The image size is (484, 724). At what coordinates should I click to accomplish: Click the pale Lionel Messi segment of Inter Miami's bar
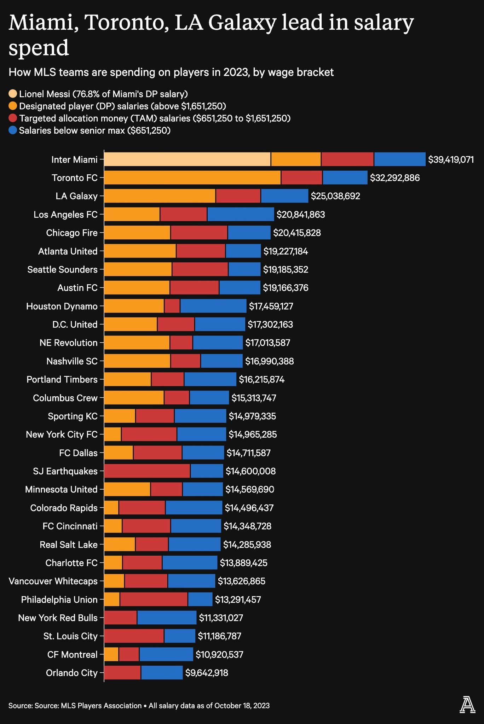pos(188,159)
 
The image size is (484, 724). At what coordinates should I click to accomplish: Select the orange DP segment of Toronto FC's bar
pos(192,177)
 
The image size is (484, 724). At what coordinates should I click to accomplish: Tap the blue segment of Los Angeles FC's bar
pos(241,214)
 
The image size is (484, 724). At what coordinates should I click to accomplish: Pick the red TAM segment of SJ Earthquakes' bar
pos(147,471)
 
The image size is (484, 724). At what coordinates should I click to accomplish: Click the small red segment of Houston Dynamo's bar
pos(172,306)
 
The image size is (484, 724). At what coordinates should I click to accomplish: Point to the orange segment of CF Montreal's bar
pos(111,654)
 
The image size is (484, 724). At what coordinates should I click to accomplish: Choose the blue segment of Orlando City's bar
pos(162,673)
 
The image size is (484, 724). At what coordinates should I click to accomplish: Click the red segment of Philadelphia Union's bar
pos(154,600)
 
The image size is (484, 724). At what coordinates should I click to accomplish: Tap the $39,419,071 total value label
pos(451,159)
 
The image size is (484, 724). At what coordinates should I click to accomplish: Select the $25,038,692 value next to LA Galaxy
pos(335,196)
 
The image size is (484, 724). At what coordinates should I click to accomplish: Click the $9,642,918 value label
pos(207,673)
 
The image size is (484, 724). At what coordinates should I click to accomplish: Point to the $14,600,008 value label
pos(250,471)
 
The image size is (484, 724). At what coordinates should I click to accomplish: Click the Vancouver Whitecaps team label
pos(53,581)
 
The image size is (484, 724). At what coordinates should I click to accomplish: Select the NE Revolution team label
pos(69,343)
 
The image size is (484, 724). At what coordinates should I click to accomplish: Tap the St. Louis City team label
pos(70,636)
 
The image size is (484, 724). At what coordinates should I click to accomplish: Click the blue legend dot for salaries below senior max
pos(13,130)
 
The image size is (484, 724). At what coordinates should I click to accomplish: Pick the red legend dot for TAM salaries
pos(13,118)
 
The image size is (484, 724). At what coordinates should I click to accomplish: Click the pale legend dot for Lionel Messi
pos(13,94)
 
